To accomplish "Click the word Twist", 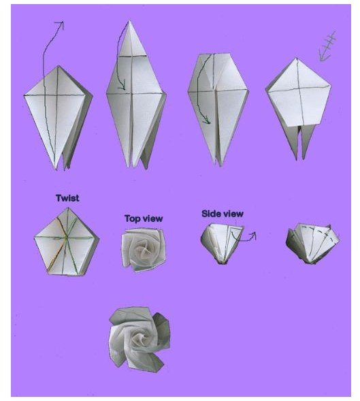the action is tap(67, 198).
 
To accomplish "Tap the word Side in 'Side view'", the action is tap(211, 214).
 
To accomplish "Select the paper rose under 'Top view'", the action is tap(143, 249).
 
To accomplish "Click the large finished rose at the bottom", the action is tap(140, 338).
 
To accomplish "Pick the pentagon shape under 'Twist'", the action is tap(67, 242).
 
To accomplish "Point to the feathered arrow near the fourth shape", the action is tap(327, 46).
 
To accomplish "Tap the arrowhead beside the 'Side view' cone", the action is tap(252, 236).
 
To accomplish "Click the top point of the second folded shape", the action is tap(129, 21).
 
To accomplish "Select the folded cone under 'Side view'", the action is tap(222, 243).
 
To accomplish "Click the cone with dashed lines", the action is tap(312, 244).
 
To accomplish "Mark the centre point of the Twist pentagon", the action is tap(67, 238).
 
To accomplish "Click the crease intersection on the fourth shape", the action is tap(299, 89).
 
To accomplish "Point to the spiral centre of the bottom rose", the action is tap(142, 338).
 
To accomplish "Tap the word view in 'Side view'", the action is tap(233, 214).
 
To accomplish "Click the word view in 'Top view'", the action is tap(152, 219).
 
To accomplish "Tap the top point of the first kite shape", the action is tap(59, 66).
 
